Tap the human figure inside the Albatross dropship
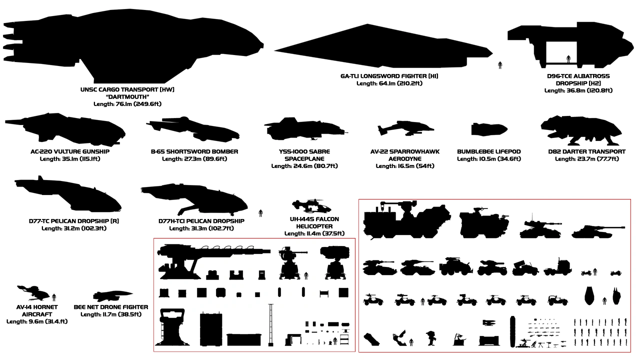[568, 58]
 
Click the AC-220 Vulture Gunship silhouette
[65, 130]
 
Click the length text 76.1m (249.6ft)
[127, 104]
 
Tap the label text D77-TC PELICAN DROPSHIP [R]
[73, 221]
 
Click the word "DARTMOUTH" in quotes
[127, 97]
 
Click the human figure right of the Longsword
[500, 64]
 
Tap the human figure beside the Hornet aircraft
[54, 296]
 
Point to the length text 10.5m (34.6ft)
[488, 159]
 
